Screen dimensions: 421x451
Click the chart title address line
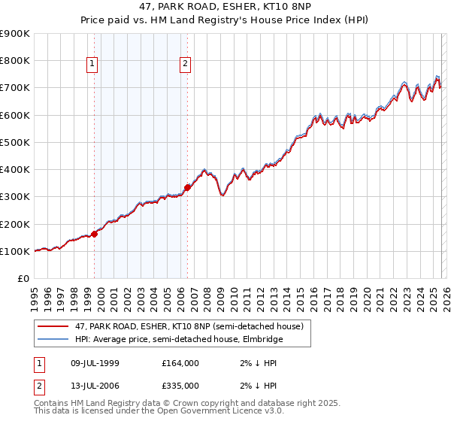point(225,7)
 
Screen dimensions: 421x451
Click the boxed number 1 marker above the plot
point(92,65)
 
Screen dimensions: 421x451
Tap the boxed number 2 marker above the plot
point(185,65)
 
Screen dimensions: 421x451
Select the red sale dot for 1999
point(95,234)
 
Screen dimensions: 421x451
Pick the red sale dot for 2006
point(187,187)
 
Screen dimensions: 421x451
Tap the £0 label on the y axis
point(23,278)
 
